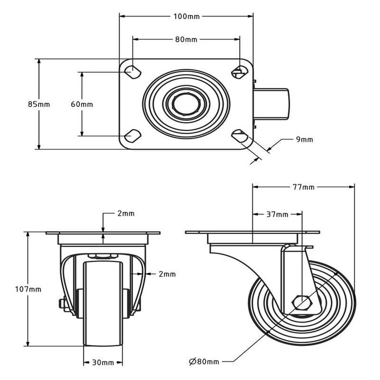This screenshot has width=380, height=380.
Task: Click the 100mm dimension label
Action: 186,16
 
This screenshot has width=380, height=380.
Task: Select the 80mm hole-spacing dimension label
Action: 186,40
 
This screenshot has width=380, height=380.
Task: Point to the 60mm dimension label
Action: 82,104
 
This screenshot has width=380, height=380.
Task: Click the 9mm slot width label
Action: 304,140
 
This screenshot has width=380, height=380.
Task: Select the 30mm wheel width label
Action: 103,363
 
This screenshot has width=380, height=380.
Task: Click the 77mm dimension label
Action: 303,187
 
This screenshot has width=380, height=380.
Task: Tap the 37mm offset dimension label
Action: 277,214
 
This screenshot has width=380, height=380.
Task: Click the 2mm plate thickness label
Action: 125,213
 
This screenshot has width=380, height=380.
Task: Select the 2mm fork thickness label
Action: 167,275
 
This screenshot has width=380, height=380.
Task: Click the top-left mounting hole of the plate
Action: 132,71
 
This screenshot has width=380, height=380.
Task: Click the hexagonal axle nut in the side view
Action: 301,301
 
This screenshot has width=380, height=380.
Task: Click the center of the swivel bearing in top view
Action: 186,102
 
